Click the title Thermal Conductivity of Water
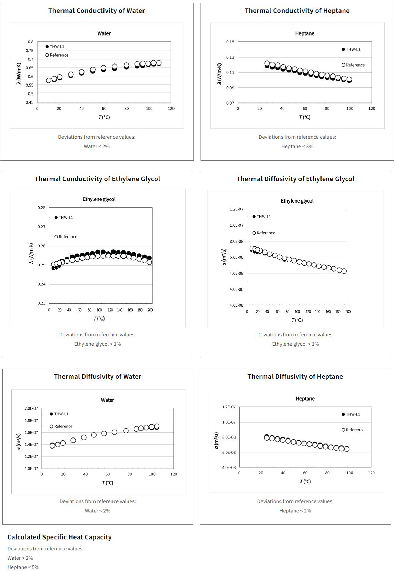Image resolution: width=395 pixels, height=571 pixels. coord(97,11)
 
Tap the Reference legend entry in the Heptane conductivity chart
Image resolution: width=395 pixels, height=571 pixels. coord(353,65)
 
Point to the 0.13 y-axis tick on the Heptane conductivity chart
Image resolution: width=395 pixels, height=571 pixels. coord(230,57)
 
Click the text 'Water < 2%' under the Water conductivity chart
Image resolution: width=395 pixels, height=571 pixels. coord(97,146)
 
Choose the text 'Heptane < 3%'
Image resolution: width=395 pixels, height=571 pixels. coord(297,146)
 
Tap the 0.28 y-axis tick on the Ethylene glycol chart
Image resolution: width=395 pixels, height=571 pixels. coord(41,208)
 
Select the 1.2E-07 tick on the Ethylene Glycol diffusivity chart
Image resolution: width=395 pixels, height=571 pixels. coord(236,209)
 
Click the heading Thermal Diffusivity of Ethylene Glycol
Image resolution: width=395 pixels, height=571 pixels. coord(295,179)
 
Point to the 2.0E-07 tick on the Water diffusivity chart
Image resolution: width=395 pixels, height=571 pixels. coord(31,408)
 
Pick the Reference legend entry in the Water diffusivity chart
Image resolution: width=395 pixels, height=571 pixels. coord(61,426)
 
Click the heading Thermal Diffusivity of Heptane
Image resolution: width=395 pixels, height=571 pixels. coord(295,377)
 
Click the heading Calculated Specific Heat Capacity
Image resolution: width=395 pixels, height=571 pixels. coord(60,537)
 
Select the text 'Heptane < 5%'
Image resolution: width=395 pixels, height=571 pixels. coord(23,567)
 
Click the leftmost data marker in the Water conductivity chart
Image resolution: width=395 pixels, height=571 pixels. coord(49,80)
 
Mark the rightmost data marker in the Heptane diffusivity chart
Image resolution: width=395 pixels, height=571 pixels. coord(347,449)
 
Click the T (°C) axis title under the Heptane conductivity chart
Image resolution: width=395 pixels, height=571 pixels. coord(305,117)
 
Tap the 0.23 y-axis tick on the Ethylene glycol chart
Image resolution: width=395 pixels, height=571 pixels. coord(41,303)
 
